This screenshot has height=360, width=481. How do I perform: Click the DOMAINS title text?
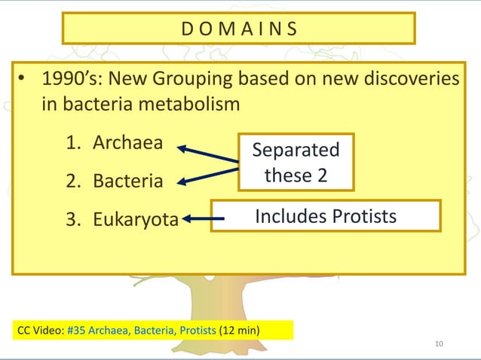239,29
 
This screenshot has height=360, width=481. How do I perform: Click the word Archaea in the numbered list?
127,143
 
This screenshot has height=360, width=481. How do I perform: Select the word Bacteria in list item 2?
127,182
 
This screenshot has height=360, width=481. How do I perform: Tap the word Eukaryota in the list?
136,220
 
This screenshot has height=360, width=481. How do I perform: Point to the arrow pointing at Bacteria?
207,174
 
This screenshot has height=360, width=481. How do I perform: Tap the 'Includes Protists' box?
325,216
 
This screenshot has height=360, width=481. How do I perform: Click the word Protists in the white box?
361,216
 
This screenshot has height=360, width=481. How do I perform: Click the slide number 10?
441,344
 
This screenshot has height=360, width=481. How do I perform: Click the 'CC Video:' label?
40,331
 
